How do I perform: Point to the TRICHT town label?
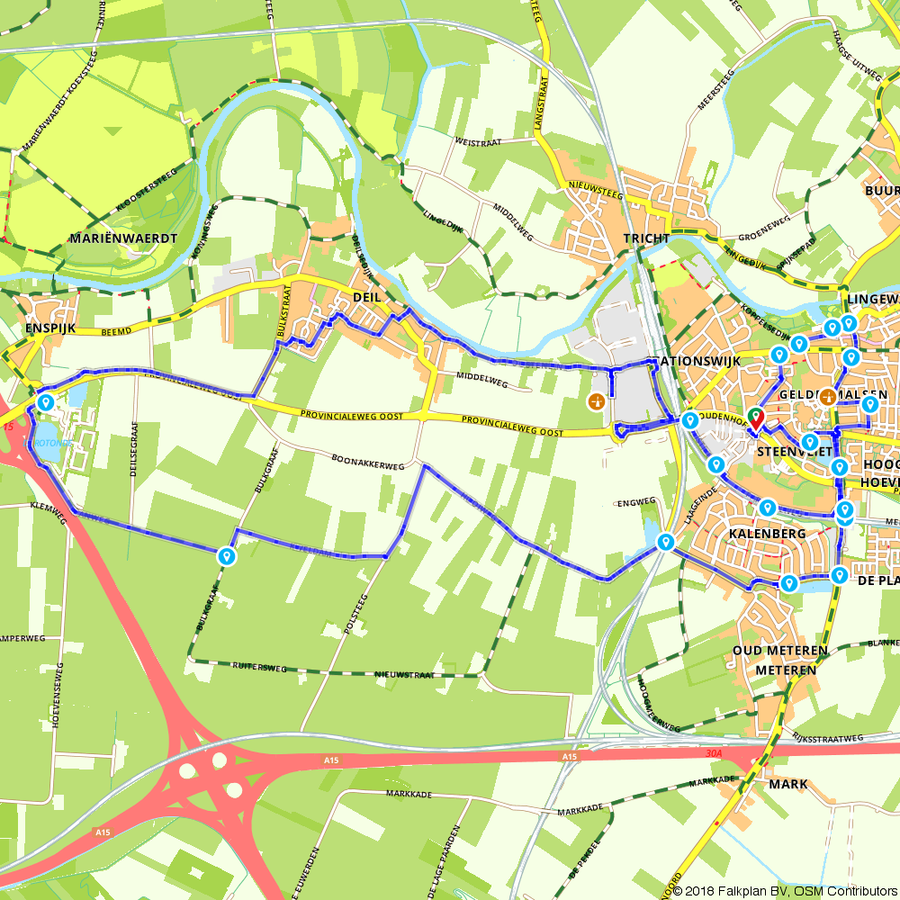pos(645,238)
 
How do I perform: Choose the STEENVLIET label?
pos(788,451)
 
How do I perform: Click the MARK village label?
pos(788,784)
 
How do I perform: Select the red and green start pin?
pos(755,418)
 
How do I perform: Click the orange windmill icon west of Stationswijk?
pos(595,401)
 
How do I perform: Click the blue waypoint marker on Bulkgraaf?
pos(226,556)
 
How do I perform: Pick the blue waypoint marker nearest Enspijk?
pos(44,400)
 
